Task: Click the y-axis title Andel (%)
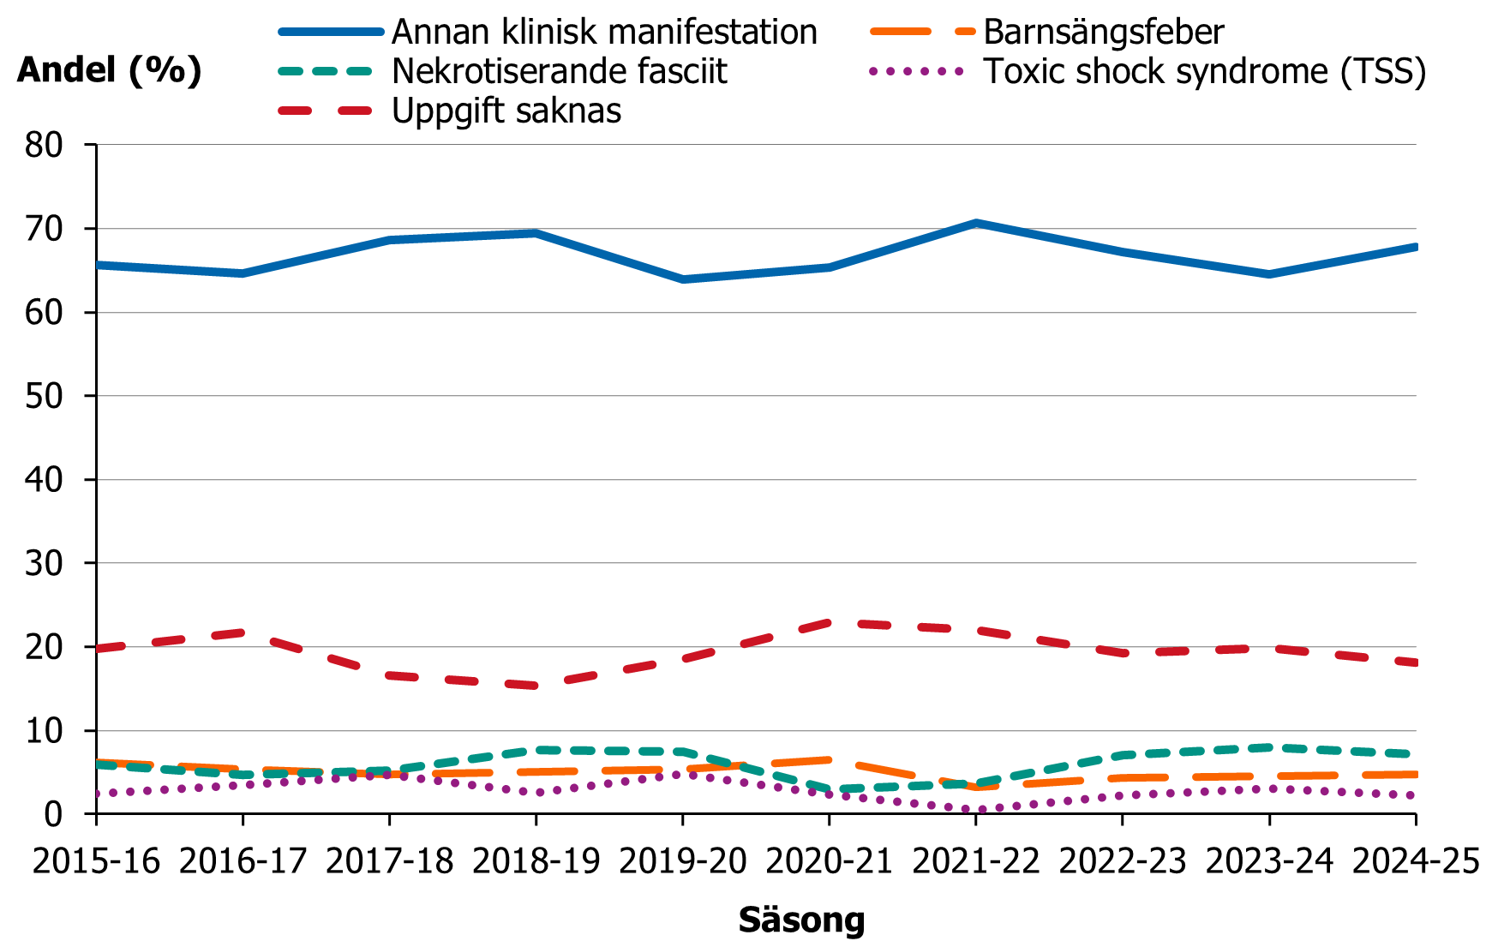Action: pyautogui.click(x=109, y=70)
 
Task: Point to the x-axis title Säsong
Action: pyautogui.click(x=801, y=920)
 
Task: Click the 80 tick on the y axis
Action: pyautogui.click(x=44, y=146)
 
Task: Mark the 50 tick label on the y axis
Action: pyautogui.click(x=44, y=396)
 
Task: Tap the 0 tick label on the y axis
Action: pyautogui.click(x=53, y=814)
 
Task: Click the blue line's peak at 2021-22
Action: pyautogui.click(x=975, y=223)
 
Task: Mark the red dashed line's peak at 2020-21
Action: pyautogui.click(x=830, y=623)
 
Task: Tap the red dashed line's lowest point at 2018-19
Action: pyautogui.click(x=536, y=686)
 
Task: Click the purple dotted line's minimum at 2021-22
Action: pyautogui.click(x=975, y=809)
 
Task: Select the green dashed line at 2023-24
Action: pyautogui.click(x=1269, y=747)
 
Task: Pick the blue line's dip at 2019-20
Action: pyautogui.click(x=682, y=279)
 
